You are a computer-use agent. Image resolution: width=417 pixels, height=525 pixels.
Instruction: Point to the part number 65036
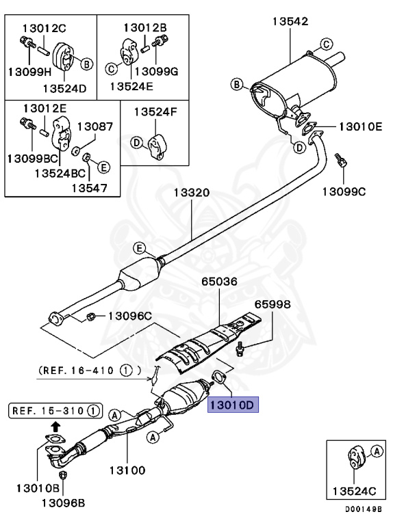click(x=220, y=281)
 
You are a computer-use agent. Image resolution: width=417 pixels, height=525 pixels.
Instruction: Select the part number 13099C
click(x=344, y=191)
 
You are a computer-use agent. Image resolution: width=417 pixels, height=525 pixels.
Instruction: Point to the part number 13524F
click(x=155, y=111)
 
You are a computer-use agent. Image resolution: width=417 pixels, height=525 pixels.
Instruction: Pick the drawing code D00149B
click(x=363, y=509)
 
